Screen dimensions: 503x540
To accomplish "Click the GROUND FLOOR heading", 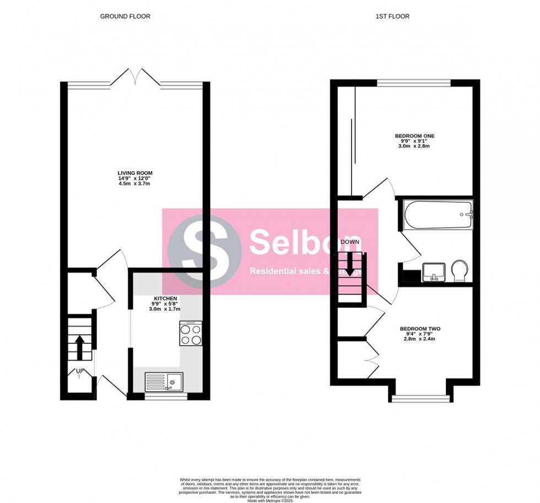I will (x=125, y=17).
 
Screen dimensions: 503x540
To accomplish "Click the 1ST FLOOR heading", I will (x=392, y=17).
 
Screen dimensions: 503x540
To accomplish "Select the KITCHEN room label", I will (x=165, y=299).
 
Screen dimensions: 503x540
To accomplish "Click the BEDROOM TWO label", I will (x=420, y=329).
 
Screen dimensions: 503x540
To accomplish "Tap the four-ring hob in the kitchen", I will (x=191, y=333).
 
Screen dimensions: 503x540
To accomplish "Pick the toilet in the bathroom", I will (x=459, y=271).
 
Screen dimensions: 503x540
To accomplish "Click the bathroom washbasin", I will (x=434, y=272).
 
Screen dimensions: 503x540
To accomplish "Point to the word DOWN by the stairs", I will (x=350, y=242).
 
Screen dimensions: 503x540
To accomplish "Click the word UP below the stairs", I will (x=79, y=371).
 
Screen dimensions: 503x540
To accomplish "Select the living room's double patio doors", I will (x=136, y=77).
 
